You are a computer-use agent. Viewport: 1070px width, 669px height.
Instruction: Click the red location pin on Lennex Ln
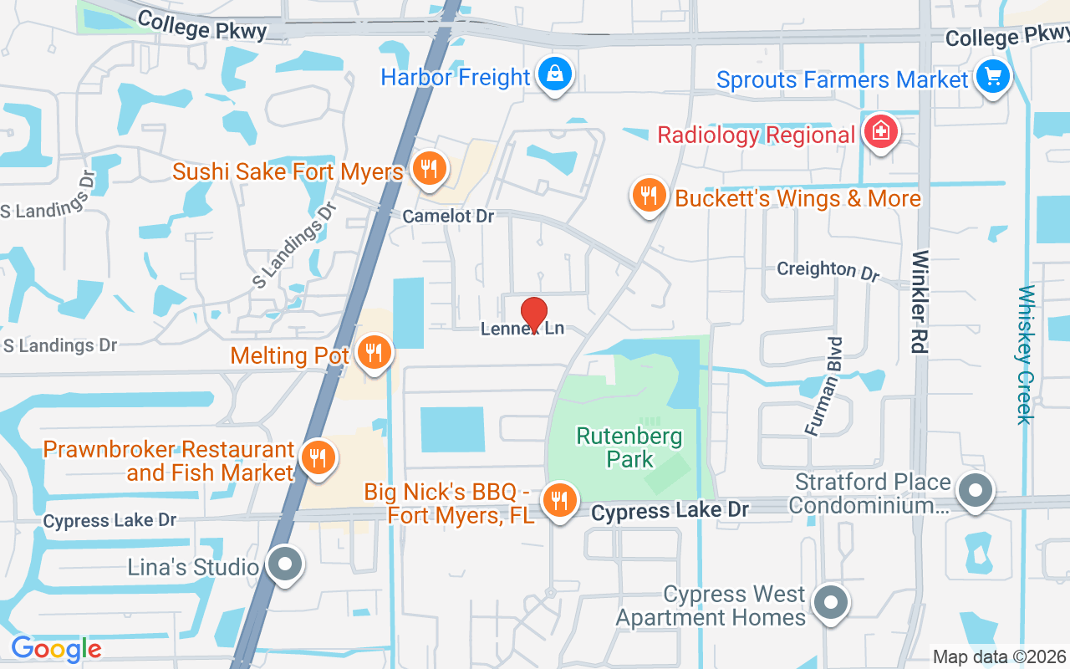(534, 314)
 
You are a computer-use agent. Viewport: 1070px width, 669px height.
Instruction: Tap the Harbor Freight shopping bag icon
(553, 74)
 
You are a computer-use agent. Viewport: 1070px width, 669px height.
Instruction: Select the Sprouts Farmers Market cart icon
(992, 78)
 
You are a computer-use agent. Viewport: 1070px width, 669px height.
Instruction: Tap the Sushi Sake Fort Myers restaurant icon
(429, 170)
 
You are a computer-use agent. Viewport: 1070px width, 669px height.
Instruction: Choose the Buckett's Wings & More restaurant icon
(649, 196)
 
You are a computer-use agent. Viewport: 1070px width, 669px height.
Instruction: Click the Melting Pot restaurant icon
(374, 353)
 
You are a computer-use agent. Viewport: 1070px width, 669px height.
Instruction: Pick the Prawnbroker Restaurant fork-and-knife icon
(318, 457)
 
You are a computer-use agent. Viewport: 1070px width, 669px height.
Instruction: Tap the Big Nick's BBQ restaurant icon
(558, 501)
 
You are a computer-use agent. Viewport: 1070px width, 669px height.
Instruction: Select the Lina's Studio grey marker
(285, 565)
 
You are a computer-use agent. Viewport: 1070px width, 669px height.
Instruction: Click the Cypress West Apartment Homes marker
(830, 602)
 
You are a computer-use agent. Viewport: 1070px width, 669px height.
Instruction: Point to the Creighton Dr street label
(828, 270)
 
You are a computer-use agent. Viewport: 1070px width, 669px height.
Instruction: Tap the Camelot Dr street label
(448, 217)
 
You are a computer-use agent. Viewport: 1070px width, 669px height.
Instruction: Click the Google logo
(56, 649)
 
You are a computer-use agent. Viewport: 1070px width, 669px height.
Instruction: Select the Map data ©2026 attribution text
(1000, 657)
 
